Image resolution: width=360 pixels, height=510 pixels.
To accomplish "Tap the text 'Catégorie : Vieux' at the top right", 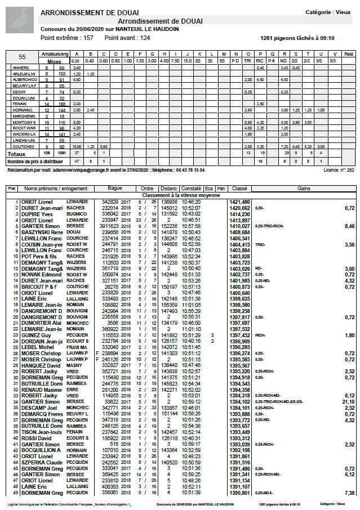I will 327,12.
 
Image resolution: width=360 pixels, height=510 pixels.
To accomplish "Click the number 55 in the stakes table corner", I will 22,57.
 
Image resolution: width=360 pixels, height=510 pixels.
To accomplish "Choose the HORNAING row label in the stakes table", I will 21,110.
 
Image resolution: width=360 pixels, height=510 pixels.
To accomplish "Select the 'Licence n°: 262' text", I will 339,169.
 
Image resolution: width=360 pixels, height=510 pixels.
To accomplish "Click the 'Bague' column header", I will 114,189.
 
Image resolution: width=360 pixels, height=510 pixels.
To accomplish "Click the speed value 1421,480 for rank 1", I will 239,201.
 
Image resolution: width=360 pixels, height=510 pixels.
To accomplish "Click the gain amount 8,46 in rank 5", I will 349,226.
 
